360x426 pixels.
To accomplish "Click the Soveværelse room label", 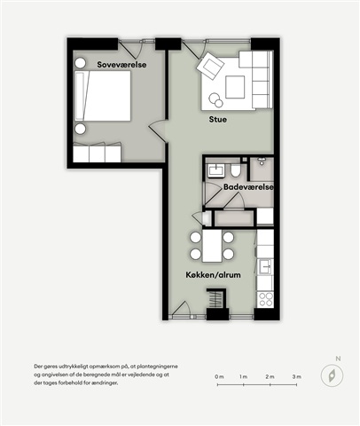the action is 121,65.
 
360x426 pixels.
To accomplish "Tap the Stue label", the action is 218,120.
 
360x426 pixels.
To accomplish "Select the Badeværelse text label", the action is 248,187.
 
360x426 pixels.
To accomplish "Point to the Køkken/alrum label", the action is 213,275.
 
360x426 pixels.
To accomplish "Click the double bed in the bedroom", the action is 103,96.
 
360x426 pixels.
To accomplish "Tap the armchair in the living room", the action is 210,66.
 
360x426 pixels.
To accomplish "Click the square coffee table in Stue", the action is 235,87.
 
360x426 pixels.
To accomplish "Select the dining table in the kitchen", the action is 212,247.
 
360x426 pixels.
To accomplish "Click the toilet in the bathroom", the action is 236,170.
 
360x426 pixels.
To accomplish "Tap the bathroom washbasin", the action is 216,170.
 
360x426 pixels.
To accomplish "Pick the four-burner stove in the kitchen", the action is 265,299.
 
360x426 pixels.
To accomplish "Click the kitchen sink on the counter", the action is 266,267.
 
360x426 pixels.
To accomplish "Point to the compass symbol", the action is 332,375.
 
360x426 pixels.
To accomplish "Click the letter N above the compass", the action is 338,359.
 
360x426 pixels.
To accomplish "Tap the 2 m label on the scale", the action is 270,376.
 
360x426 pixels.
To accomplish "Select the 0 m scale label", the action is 219,376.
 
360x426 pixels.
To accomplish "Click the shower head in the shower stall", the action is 262,162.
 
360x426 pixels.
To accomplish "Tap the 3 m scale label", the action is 297,376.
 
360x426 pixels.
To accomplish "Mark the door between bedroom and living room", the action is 159,130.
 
